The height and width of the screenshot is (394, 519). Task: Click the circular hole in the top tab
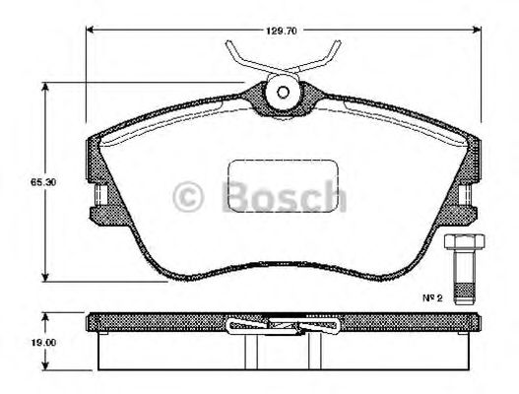(x=283, y=93)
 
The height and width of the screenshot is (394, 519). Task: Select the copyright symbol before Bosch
(x=189, y=197)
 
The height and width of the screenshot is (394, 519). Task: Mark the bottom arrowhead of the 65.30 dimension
(x=45, y=279)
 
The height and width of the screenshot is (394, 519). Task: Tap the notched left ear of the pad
(x=98, y=202)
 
